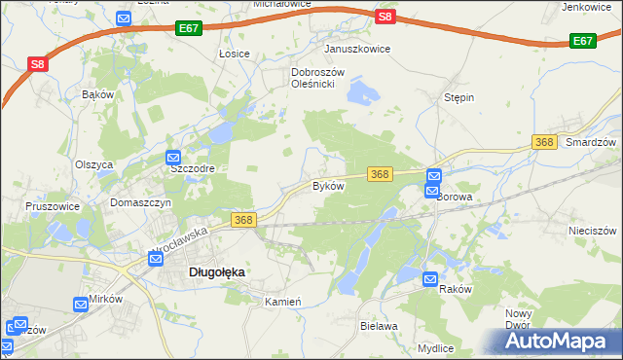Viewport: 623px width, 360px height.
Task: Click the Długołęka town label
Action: click(x=215, y=273)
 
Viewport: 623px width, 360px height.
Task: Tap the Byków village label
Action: click(x=328, y=186)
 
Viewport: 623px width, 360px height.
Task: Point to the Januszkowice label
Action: click(x=357, y=49)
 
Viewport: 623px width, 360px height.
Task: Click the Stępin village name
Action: click(x=458, y=98)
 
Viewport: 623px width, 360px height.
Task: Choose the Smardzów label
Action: click(x=592, y=142)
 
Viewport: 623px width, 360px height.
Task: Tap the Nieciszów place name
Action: click(x=593, y=232)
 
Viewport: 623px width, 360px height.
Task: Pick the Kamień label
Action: click(x=284, y=303)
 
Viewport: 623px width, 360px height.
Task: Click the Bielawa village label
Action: click(x=379, y=327)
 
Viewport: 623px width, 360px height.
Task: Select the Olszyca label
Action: click(x=94, y=164)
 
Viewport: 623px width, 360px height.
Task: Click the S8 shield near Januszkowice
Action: click(x=385, y=17)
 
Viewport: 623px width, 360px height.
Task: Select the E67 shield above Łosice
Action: click(x=190, y=31)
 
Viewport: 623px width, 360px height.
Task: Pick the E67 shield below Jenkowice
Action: click(x=582, y=41)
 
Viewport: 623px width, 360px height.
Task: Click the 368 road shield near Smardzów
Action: click(x=544, y=143)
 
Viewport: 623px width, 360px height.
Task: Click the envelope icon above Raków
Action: click(x=431, y=280)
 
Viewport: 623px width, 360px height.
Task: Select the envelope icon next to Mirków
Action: click(x=81, y=306)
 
